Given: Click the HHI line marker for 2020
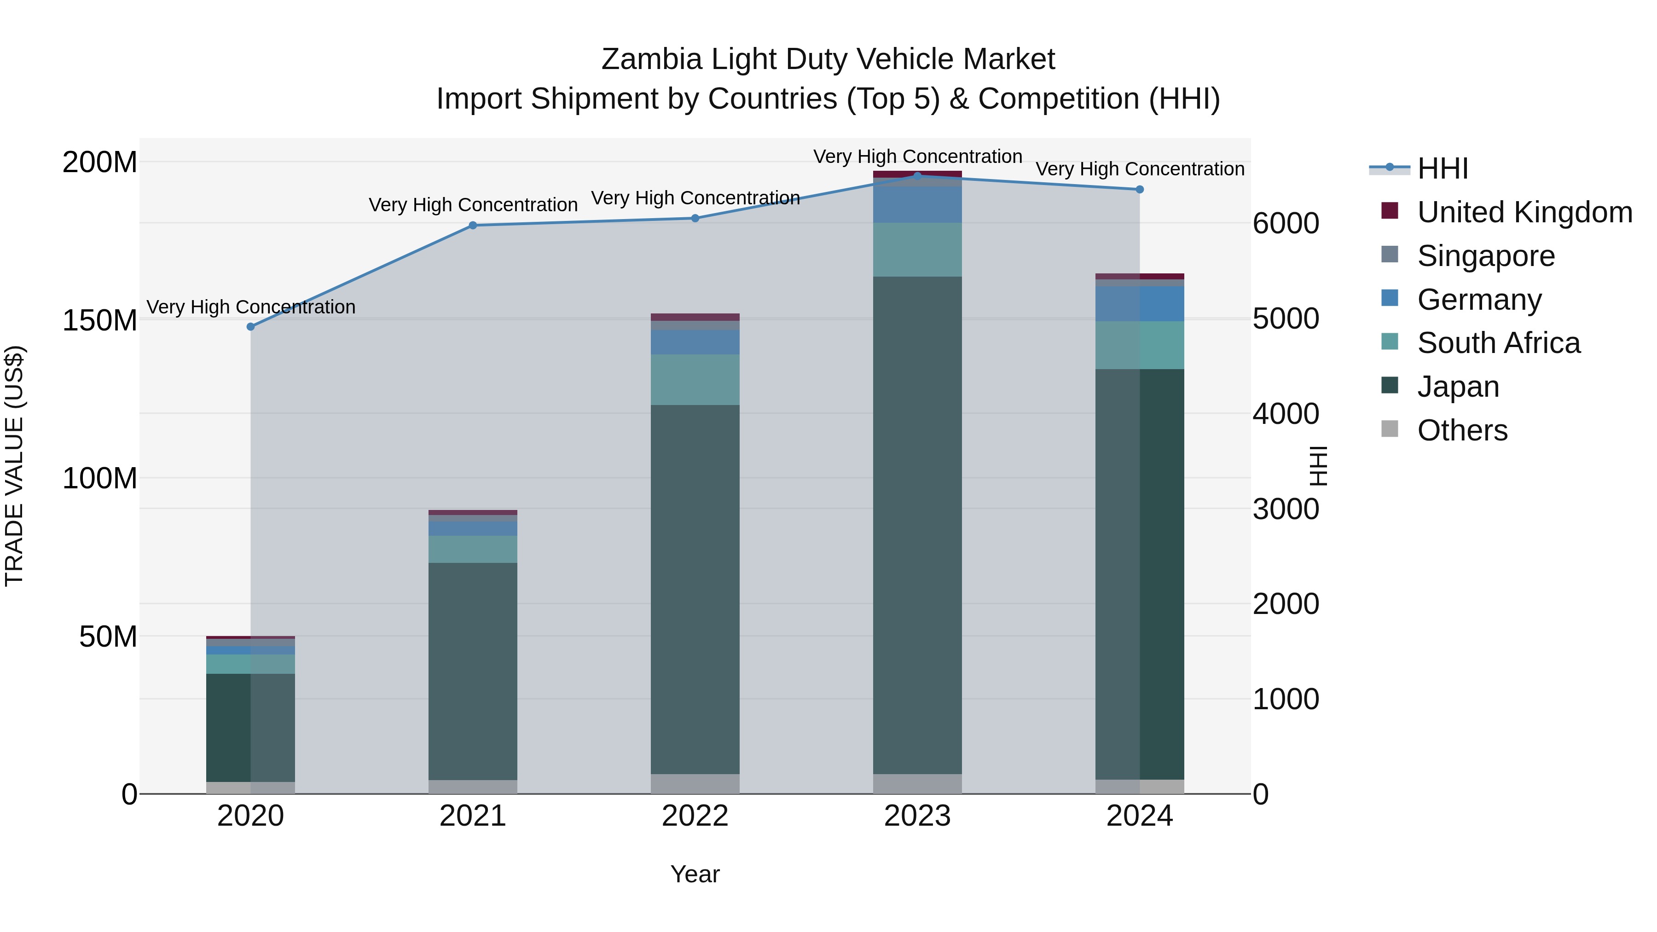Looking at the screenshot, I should click(251, 327).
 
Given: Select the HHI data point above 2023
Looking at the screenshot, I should click(917, 176).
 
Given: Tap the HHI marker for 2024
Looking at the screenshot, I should click(1139, 190).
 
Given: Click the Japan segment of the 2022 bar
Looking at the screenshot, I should click(695, 589).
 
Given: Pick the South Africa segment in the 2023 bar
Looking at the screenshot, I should click(917, 249).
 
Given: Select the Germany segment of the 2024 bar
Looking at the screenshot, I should click(1139, 304).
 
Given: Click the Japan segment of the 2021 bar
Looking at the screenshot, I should click(473, 671).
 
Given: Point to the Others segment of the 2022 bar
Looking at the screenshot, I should click(695, 783).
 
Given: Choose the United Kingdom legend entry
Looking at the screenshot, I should click(1524, 212).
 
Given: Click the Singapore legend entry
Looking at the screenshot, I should click(1486, 256).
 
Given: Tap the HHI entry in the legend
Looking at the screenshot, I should click(1443, 168).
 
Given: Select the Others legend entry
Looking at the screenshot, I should click(1462, 430).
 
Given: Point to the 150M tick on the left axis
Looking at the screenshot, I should click(100, 320).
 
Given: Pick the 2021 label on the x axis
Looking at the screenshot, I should click(473, 816).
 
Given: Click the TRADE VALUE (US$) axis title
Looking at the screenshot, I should click(14, 466).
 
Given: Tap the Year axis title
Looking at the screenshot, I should click(695, 874).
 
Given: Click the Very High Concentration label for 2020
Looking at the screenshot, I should click(251, 307).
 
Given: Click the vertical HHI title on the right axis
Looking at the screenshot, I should click(1318, 466).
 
